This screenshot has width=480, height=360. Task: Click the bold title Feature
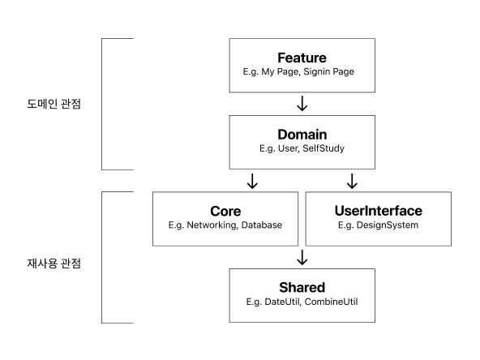(x=302, y=58)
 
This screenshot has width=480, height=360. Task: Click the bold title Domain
(x=302, y=134)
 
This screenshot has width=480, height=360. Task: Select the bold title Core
(x=225, y=211)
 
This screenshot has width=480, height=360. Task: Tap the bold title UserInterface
(x=378, y=211)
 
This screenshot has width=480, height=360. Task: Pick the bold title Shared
(x=302, y=287)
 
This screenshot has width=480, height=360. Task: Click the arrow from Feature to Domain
(x=302, y=104)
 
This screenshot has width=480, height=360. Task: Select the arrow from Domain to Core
(x=252, y=180)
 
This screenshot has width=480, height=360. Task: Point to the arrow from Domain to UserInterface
(x=352, y=180)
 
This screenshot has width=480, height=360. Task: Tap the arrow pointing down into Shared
(x=302, y=257)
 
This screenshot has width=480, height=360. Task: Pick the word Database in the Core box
(x=261, y=225)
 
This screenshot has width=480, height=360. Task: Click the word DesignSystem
(x=389, y=225)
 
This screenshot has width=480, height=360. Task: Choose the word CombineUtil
(x=331, y=302)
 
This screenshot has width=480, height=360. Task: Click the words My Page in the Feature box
(x=277, y=72)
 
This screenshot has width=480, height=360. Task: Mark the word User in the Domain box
(x=286, y=148)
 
